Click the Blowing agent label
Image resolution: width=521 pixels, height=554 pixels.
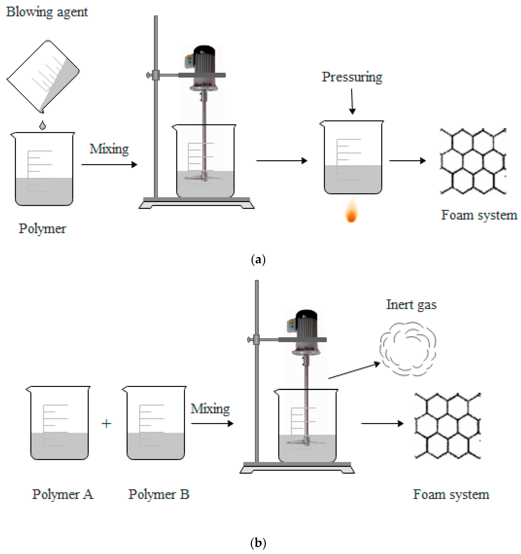click(47, 12)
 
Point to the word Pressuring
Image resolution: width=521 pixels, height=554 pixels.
click(352, 77)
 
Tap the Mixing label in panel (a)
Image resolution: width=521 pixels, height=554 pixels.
click(109, 149)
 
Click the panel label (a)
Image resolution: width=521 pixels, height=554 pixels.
click(258, 260)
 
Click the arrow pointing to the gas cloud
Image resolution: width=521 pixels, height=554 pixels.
click(354, 370)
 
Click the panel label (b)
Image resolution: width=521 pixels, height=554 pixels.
click(258, 543)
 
